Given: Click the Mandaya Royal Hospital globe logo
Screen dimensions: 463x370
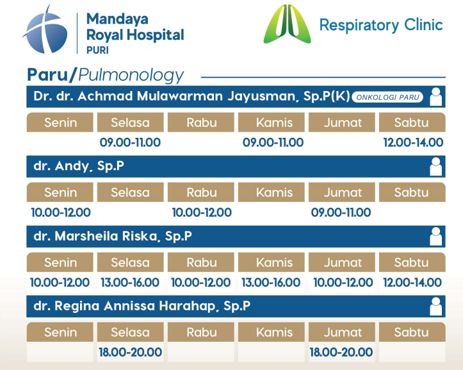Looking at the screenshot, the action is [x=45, y=29].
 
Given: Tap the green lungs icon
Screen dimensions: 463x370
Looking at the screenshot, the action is [x=287, y=24].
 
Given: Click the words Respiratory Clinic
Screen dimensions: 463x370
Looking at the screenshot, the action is [x=381, y=26].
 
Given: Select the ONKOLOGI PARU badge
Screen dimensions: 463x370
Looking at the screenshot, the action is [x=387, y=97].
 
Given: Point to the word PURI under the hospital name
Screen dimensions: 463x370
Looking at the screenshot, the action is [x=97, y=50].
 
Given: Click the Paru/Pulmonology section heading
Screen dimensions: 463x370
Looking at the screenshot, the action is [x=105, y=75].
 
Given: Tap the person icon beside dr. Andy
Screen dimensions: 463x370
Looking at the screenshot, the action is [x=436, y=167].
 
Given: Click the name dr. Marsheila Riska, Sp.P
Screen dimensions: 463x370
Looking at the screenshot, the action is [x=113, y=237].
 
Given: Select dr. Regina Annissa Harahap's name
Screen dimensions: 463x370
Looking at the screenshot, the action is [x=142, y=306].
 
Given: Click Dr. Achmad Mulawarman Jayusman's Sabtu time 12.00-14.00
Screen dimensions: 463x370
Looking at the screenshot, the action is [x=413, y=142].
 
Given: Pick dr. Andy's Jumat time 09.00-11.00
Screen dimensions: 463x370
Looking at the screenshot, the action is [x=341, y=212].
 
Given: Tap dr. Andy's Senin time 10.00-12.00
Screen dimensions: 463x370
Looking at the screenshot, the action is [x=61, y=212].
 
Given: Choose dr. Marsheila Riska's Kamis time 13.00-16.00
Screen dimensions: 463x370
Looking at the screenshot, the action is [x=271, y=282].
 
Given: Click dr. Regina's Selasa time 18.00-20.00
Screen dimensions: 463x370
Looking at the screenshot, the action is [x=130, y=352].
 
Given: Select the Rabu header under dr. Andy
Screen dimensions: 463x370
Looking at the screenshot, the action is [x=201, y=192].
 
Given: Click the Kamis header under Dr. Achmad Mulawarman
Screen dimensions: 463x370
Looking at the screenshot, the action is [x=272, y=122].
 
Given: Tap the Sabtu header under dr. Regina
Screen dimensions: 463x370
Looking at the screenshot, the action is [x=412, y=332].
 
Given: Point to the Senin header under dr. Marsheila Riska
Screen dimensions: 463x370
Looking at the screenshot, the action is [x=60, y=262].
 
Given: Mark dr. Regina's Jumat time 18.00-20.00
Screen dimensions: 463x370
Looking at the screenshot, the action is [x=341, y=352].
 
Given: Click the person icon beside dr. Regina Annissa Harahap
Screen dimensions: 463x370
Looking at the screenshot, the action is [x=436, y=307].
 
